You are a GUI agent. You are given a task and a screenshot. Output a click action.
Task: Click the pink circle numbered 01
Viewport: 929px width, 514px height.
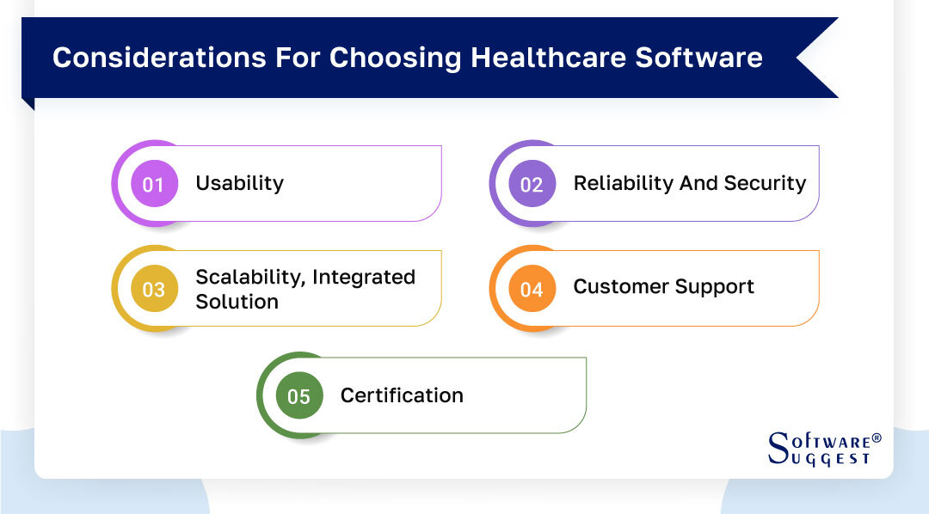tap(154, 184)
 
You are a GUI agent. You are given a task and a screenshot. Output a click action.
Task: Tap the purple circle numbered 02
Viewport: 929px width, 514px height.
tap(532, 184)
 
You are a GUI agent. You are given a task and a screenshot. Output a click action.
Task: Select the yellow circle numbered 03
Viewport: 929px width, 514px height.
tap(154, 290)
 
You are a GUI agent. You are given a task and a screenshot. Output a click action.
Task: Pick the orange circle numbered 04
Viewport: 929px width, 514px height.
tap(532, 290)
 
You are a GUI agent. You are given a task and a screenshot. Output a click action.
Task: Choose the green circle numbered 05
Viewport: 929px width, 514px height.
tap(298, 396)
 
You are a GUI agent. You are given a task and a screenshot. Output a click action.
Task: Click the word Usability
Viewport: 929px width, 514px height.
tap(239, 183)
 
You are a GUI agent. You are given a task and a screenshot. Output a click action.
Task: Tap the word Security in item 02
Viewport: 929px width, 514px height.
tap(766, 183)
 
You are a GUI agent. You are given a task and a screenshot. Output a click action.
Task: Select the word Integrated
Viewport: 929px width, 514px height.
tap(364, 277)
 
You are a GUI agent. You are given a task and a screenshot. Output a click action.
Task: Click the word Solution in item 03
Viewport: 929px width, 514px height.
tap(237, 302)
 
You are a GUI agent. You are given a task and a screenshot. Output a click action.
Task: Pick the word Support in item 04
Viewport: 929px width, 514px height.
tap(717, 287)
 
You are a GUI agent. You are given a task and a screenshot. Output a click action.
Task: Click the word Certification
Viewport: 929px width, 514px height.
tap(402, 395)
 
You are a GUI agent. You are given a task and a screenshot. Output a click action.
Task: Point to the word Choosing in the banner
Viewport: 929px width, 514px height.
tap(390, 58)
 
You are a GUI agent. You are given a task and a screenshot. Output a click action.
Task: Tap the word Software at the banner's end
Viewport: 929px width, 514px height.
tap(698, 58)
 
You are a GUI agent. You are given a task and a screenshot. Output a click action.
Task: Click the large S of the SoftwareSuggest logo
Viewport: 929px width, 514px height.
tap(777, 447)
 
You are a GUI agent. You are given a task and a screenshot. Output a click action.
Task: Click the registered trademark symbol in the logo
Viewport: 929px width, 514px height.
tap(877, 438)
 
